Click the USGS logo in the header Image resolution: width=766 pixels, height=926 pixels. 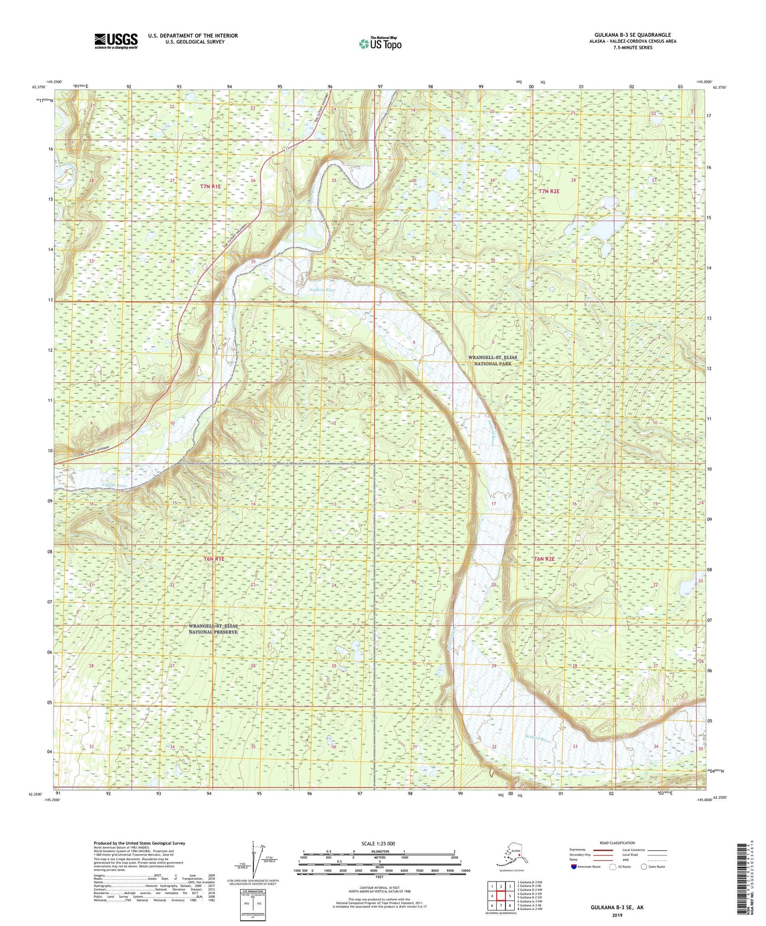tap(116, 41)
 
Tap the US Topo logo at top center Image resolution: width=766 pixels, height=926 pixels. tap(380, 43)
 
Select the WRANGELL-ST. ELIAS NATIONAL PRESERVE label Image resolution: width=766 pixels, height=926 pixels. tap(213, 629)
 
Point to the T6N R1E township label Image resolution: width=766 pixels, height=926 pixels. tap(214, 559)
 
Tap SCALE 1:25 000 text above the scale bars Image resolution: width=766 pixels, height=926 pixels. tap(378, 843)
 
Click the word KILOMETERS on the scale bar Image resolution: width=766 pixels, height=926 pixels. tap(378, 852)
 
